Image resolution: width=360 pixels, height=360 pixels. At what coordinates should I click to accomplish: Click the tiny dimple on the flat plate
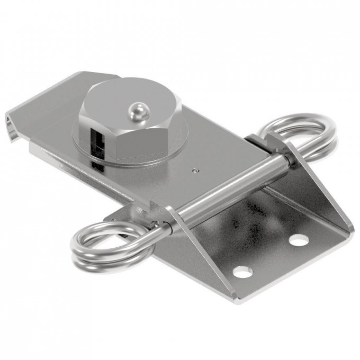pos(195,170)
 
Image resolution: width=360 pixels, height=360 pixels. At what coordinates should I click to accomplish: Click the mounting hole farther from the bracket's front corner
pos(299,239)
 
